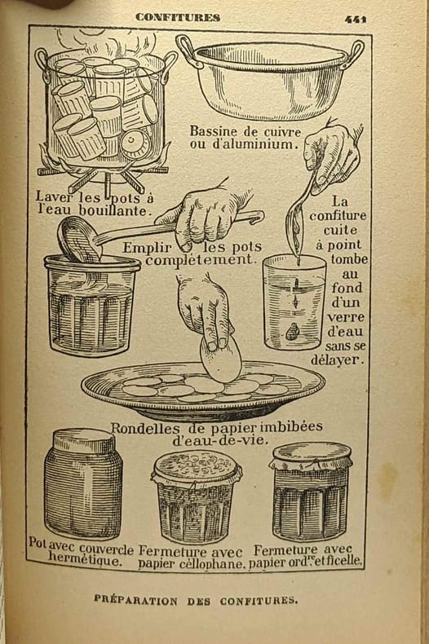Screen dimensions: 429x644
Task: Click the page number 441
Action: pyautogui.click(x=356, y=19)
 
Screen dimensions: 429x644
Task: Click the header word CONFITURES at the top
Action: pyautogui.click(x=178, y=17)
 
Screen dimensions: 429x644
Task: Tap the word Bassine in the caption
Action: pyautogui.click(x=213, y=131)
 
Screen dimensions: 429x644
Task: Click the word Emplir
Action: pyautogui.click(x=147, y=248)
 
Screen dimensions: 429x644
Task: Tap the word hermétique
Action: pyautogui.click(x=85, y=560)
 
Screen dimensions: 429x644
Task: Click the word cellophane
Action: pyautogui.click(x=212, y=563)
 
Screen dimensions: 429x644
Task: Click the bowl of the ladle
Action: pyautogui.click(x=77, y=239)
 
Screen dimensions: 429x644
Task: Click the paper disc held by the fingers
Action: pyautogui.click(x=221, y=357)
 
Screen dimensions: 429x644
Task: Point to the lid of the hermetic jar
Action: pyautogui.click(x=84, y=440)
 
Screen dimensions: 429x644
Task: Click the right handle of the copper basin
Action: pyautogui.click(x=355, y=52)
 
